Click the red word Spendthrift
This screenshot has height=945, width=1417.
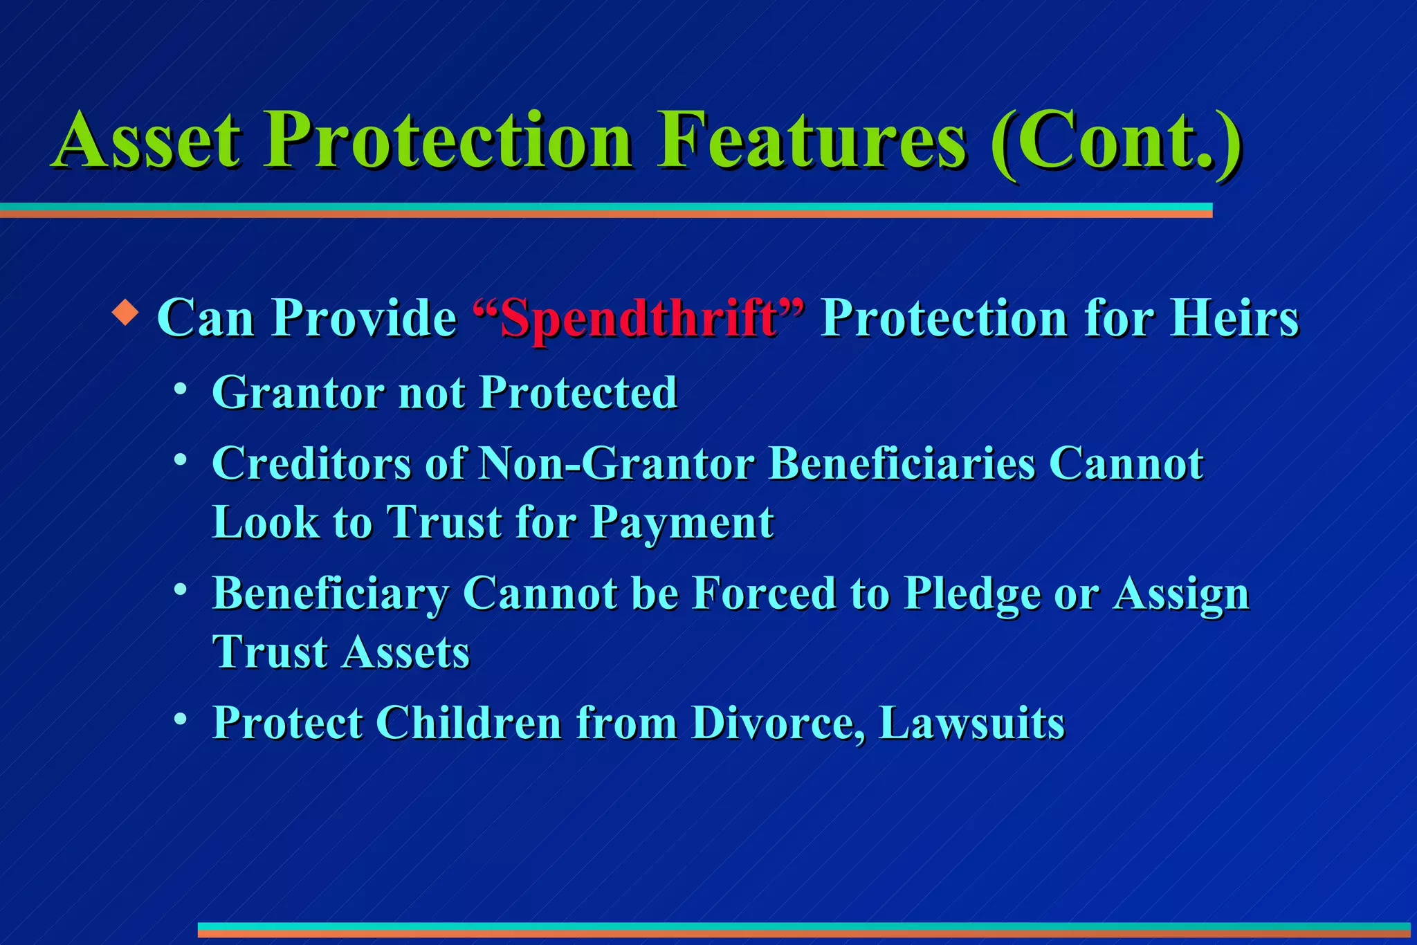[638, 319]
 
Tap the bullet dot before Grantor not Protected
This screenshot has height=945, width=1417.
[181, 389]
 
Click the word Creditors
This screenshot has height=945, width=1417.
[311, 463]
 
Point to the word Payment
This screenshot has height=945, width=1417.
[682, 523]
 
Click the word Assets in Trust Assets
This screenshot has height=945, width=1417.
[407, 652]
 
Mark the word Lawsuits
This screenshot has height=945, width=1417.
[971, 723]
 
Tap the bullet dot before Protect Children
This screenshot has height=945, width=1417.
[181, 719]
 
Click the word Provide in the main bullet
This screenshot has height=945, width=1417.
[364, 319]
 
